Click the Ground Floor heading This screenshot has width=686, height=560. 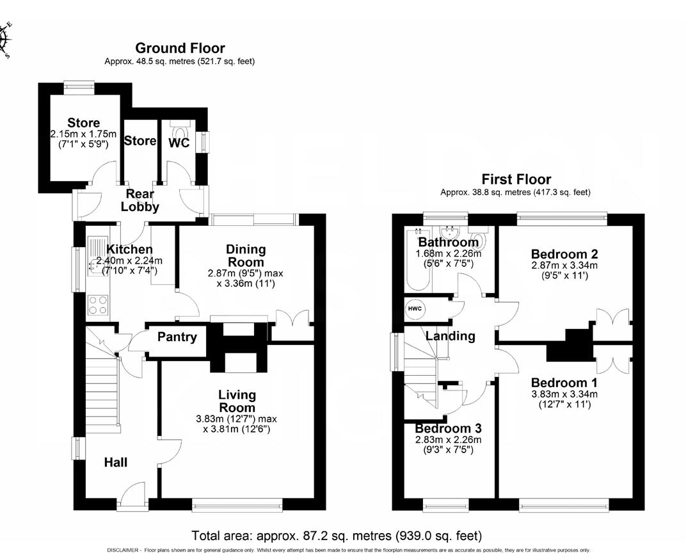[x=180, y=49]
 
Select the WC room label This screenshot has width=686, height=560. [x=179, y=143]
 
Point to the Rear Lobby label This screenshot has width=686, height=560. [x=140, y=200]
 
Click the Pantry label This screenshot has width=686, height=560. [x=177, y=337]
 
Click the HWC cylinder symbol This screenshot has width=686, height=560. [x=415, y=309]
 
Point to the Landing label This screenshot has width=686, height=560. [x=451, y=336]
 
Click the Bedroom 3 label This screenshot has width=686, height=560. [x=448, y=428]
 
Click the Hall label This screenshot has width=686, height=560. [x=116, y=462]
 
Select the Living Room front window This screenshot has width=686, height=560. [x=237, y=506]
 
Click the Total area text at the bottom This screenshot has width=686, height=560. [x=337, y=535]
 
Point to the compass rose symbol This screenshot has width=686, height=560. [x=6, y=40]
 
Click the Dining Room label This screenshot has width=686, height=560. [x=246, y=256]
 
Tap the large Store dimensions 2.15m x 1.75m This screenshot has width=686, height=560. [x=84, y=134]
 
